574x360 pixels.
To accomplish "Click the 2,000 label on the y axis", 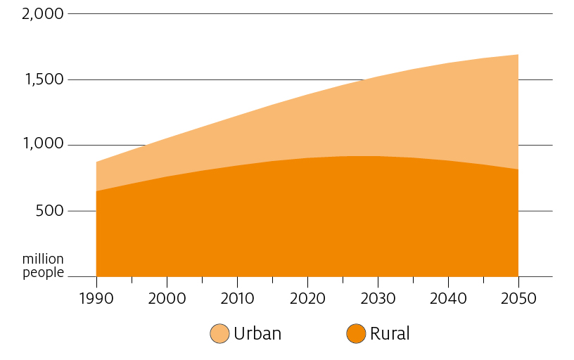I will pos(43,13).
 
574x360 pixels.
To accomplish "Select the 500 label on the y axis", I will pos(49,210).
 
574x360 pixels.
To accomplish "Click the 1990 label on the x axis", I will pos(96,297).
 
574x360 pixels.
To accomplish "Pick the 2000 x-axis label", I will pos(167,297).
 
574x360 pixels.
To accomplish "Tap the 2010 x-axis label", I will pos(237,297).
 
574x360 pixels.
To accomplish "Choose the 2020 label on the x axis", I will pos(307,297).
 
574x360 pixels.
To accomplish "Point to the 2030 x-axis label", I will pos(378,297).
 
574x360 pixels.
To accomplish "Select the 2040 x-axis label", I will pos(448,297).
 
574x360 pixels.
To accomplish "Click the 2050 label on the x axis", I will pos(518,297).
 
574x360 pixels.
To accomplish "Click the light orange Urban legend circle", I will pos(219,334).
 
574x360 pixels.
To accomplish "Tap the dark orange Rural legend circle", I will pos(356,334).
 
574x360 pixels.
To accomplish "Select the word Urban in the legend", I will pos(257,334).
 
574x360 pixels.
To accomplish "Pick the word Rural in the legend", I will pos(390,334).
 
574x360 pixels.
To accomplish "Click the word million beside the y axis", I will pos(43,259).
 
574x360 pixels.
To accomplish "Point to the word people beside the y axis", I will pos(43,272).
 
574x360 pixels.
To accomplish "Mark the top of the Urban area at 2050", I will pos(518,55).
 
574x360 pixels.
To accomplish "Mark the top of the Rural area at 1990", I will pos(97,191).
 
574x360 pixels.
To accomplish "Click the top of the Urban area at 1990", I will pos(97,162).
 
